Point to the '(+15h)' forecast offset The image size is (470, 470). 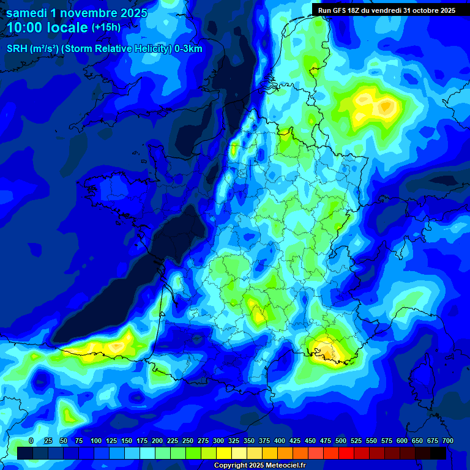tap(106, 28)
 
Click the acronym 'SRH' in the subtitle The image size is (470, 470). tap(18, 49)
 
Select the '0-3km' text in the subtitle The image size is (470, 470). tap(188, 49)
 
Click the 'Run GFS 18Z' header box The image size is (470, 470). tap(386, 10)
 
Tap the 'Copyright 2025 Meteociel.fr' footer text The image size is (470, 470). tap(259, 466)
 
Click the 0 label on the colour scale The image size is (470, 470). tap(31, 441)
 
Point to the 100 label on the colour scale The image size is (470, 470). tap(96, 441)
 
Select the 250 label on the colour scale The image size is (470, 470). tap(188, 441)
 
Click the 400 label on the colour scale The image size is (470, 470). tap(280, 441)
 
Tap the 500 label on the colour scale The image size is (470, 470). tap(341, 441)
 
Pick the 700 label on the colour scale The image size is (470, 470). tap(448, 441)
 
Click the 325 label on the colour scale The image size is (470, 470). tap(234, 441)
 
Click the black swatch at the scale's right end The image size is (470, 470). tap(438, 453)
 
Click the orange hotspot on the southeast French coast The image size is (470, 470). tap(329, 352)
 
